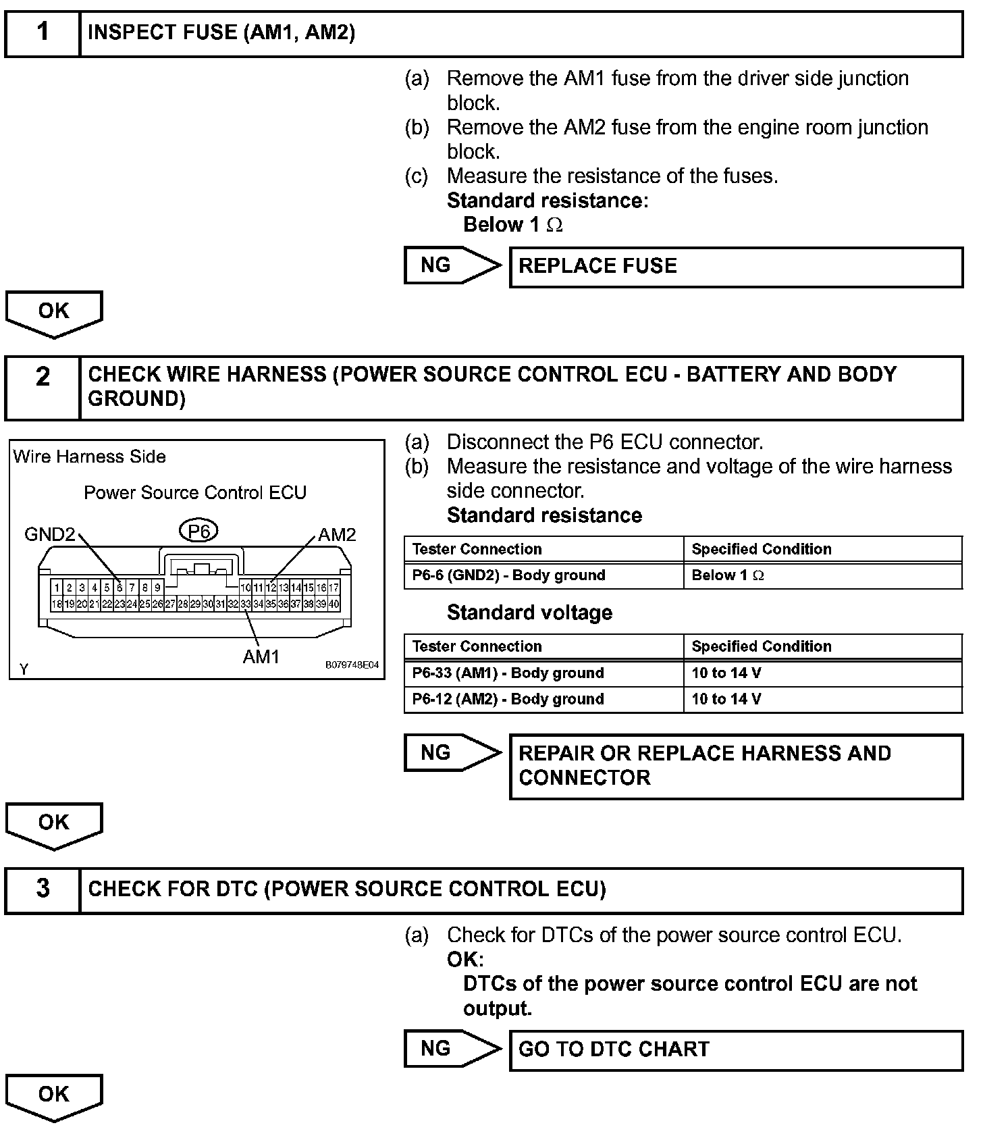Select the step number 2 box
[x=43, y=388]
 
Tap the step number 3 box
[x=43, y=889]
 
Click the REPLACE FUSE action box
[x=735, y=267]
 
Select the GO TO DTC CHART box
[x=735, y=1050]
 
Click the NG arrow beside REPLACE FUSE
[x=451, y=265]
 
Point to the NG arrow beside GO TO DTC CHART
[x=451, y=1048]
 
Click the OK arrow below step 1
[x=54, y=313]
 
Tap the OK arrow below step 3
[x=54, y=1096]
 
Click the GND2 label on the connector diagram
[x=49, y=535]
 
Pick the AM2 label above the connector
[x=337, y=535]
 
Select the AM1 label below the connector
[x=261, y=656]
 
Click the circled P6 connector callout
[x=199, y=532]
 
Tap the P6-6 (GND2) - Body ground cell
[x=543, y=575]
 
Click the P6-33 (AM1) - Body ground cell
[x=543, y=673]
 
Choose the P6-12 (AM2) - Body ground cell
[x=543, y=699]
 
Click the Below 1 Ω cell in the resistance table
[x=822, y=575]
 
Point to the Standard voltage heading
[x=529, y=613]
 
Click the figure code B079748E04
[x=352, y=665]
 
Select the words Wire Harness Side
[x=89, y=457]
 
